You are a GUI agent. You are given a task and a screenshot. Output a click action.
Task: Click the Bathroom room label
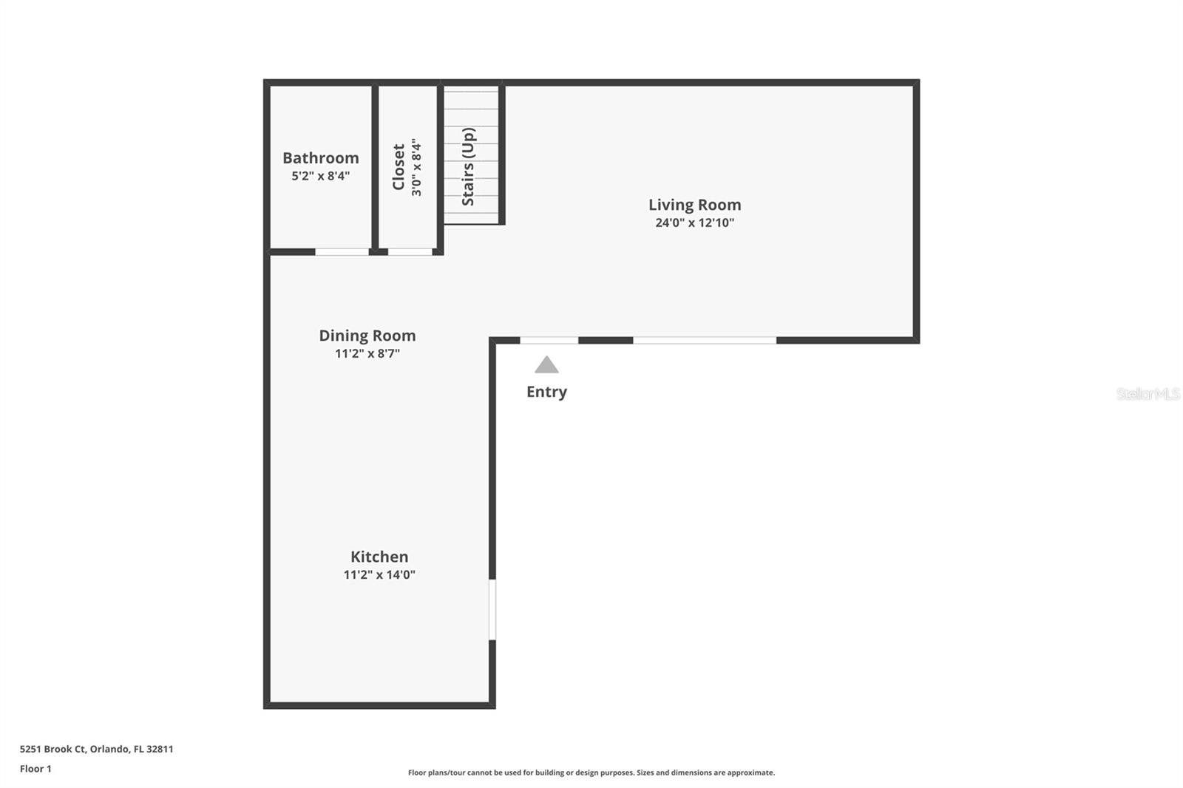point(320,157)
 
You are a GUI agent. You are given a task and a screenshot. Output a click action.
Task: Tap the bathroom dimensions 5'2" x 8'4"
point(320,176)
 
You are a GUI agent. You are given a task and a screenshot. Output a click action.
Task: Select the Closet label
point(399,167)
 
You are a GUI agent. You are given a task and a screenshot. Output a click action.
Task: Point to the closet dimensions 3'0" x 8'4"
point(416,167)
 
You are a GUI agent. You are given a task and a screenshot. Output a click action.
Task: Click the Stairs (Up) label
point(468,166)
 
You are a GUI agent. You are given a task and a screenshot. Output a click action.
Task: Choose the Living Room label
point(694,205)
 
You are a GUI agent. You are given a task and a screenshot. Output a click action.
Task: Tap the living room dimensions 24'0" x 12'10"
point(694,223)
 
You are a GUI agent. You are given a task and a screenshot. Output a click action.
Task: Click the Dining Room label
point(367,336)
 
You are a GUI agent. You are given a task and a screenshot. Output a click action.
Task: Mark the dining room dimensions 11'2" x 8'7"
point(367,353)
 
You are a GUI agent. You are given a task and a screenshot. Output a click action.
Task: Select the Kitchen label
point(379,557)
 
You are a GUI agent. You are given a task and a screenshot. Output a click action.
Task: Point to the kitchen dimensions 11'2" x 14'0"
point(379,574)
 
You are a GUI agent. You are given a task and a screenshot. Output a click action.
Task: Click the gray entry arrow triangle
point(546,365)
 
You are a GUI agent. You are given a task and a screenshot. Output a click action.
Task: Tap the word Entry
point(546,392)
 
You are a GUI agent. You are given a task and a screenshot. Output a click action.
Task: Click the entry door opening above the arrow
point(549,340)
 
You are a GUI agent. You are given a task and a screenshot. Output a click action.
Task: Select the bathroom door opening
point(342,252)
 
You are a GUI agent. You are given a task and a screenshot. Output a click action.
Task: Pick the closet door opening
point(410,252)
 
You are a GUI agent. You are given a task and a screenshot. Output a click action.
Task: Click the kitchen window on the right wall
point(492,609)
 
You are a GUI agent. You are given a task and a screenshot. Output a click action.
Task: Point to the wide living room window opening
point(704,340)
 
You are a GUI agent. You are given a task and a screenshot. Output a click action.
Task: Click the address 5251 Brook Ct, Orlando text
point(96,749)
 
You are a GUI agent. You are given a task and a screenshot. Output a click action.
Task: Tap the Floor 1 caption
point(35,769)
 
